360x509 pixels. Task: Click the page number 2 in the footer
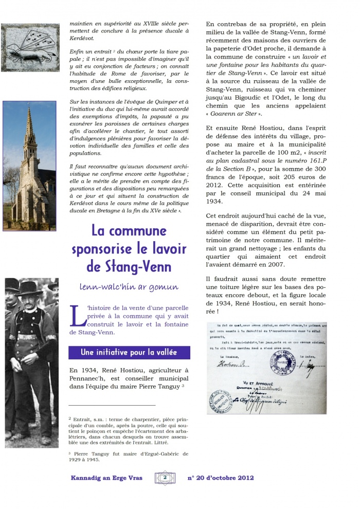pyautogui.click(x=165, y=478)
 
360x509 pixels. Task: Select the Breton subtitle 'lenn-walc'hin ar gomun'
pyautogui.click(x=129, y=287)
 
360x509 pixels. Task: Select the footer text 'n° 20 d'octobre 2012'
pyautogui.click(x=221, y=478)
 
